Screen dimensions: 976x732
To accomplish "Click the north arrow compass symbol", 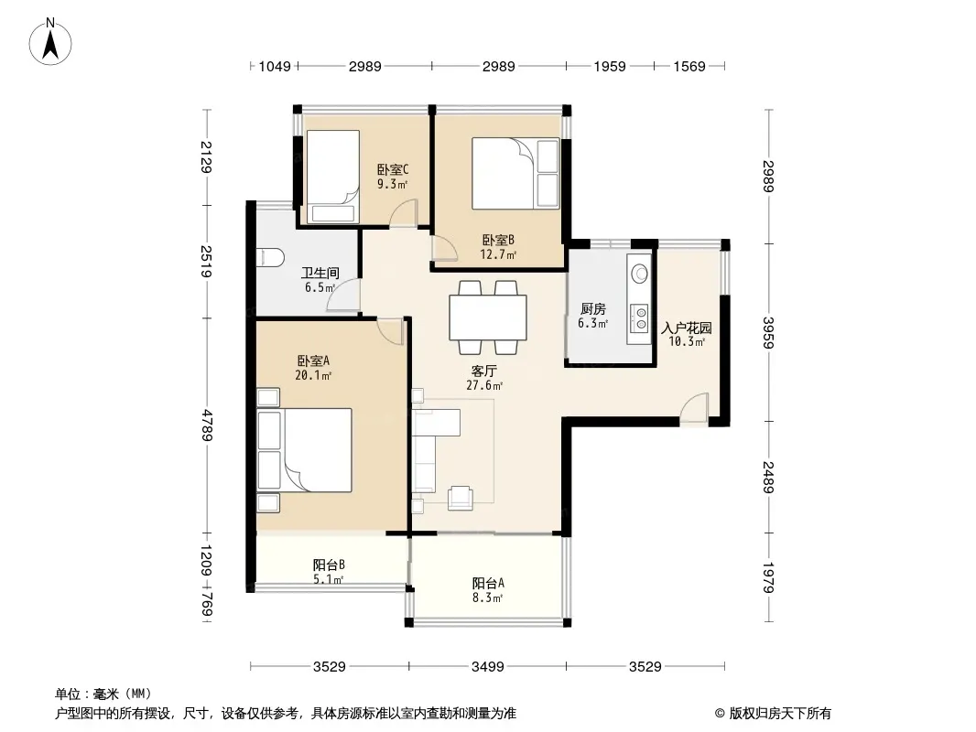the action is click(x=50, y=42).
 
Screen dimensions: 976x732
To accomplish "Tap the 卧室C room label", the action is click(x=393, y=169).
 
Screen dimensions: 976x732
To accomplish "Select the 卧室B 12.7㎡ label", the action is click(x=498, y=247).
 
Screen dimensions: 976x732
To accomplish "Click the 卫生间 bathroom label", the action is click(x=320, y=273).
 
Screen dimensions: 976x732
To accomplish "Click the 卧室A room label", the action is click(x=313, y=361).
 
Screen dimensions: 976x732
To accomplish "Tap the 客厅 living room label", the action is click(x=483, y=371).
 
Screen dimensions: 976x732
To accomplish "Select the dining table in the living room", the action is click(x=488, y=318).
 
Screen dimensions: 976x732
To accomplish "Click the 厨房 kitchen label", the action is click(x=592, y=308).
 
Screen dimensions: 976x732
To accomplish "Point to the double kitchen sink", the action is click(x=639, y=318).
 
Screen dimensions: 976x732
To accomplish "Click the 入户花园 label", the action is click(x=686, y=328).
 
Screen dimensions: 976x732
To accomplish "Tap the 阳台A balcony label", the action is click(x=488, y=584).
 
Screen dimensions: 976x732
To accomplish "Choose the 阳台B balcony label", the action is click(x=329, y=565).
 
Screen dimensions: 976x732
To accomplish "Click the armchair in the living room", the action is click(x=461, y=497).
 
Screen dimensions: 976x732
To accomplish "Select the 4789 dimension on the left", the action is click(x=206, y=425).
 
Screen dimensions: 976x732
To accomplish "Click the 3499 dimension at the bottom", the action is click(x=487, y=667).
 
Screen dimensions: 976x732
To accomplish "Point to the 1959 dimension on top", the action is click(x=610, y=66).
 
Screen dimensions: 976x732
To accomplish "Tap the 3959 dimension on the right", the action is click(x=769, y=333).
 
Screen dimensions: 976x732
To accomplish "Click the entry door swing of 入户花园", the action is click(x=694, y=408).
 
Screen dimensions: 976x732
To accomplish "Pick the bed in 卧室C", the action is click(x=330, y=177).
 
